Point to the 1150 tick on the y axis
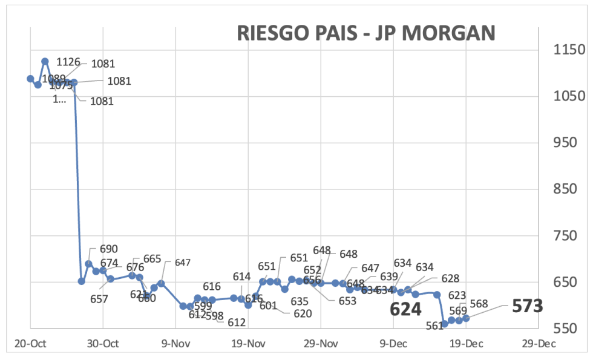(x=569, y=50)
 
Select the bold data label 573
(x=527, y=306)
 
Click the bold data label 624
(x=405, y=309)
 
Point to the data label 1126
(x=68, y=62)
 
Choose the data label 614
(x=241, y=277)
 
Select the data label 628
(x=450, y=278)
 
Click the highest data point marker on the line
(x=45, y=61)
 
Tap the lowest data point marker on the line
(x=445, y=324)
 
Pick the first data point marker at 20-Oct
(x=30, y=79)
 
